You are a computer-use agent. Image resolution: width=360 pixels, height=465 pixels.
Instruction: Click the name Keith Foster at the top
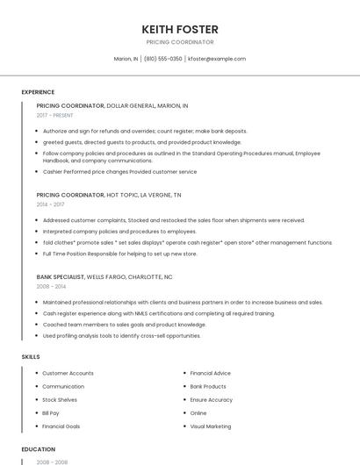180,29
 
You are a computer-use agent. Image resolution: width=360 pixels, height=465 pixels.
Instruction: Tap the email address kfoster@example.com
217,59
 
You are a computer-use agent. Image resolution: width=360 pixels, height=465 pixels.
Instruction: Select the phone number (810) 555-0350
163,59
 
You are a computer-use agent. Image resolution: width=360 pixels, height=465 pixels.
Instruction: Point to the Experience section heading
38,92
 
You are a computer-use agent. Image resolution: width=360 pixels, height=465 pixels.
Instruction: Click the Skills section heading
31,357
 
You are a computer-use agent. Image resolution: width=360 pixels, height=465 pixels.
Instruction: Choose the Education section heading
38,449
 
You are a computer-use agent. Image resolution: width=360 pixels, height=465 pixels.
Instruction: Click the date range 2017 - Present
55,115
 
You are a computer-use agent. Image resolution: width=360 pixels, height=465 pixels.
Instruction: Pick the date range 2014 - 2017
51,204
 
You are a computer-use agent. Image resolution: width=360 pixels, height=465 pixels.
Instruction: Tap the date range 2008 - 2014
51,286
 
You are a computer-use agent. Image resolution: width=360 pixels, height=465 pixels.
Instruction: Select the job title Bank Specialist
61,276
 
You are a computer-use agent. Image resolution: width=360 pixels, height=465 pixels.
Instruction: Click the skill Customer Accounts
68,373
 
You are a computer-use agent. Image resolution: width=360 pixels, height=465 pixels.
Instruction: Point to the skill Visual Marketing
211,426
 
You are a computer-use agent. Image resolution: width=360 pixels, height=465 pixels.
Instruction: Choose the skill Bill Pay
51,412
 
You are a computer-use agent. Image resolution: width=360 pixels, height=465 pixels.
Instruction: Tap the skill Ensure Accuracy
212,399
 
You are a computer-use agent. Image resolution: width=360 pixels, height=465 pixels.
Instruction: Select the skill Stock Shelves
60,399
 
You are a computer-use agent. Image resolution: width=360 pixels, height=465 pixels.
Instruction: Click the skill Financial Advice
211,373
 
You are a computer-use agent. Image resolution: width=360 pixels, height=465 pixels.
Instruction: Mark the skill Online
198,412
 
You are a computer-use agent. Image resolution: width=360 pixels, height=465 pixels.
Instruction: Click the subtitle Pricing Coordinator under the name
180,42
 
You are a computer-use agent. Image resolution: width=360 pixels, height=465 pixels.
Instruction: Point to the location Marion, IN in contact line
126,59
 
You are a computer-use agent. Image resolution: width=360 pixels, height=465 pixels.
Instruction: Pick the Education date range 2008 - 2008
51,461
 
